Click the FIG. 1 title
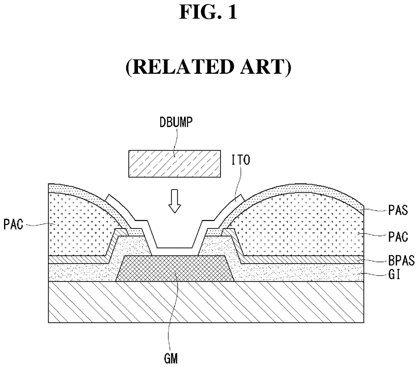pyautogui.click(x=208, y=12)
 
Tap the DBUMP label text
pyautogui.click(x=176, y=122)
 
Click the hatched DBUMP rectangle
pyautogui.click(x=174, y=163)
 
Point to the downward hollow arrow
pyautogui.click(x=175, y=201)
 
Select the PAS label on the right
pyautogui.click(x=398, y=210)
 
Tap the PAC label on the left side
pyautogui.click(x=13, y=224)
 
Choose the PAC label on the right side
pyautogui.click(x=398, y=237)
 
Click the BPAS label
pyautogui.click(x=401, y=261)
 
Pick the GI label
pyautogui.click(x=394, y=275)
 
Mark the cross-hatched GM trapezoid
pyautogui.click(x=175, y=269)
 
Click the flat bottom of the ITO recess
pyautogui.click(x=175, y=248)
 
